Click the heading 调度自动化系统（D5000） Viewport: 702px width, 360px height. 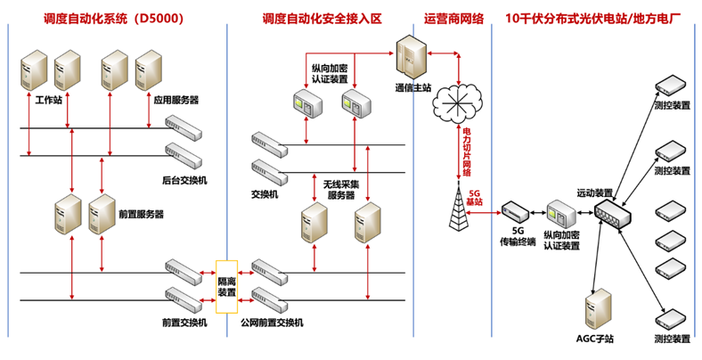[x=114, y=17]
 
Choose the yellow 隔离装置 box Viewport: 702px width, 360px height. [x=227, y=285]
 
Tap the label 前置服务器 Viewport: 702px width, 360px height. [x=141, y=214]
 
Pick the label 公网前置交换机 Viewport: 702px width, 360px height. [x=272, y=322]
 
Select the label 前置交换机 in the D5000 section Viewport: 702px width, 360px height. [x=184, y=322]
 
